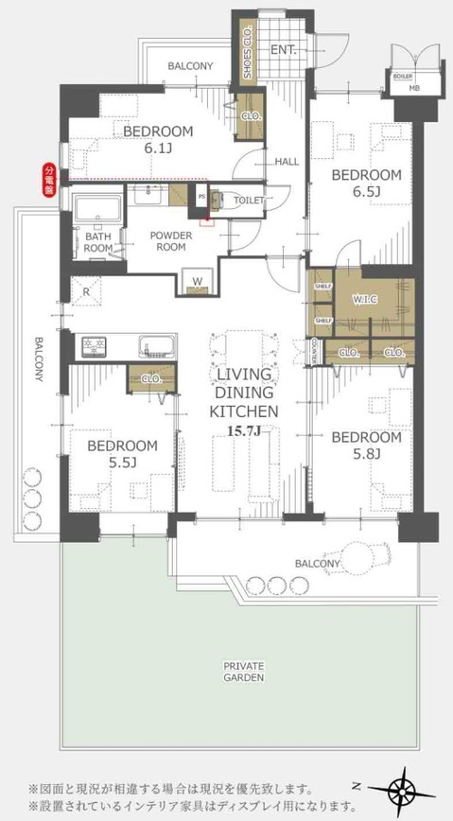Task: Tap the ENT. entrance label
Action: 284,49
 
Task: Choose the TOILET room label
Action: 250,201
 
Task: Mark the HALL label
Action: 287,162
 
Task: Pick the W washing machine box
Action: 199,282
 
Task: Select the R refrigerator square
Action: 87,292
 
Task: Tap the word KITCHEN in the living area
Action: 243,411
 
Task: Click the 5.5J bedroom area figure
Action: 123,463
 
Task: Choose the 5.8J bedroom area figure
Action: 366,454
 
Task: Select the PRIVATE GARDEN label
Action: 243,672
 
